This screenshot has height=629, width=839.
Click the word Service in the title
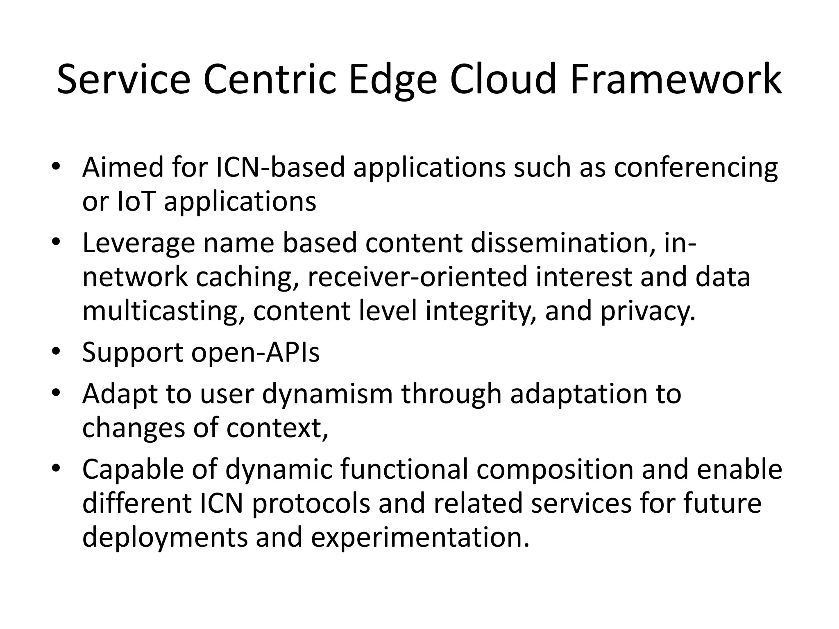(x=123, y=79)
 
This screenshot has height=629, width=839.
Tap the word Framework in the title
(x=676, y=79)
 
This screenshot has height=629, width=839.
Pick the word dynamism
(x=327, y=395)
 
